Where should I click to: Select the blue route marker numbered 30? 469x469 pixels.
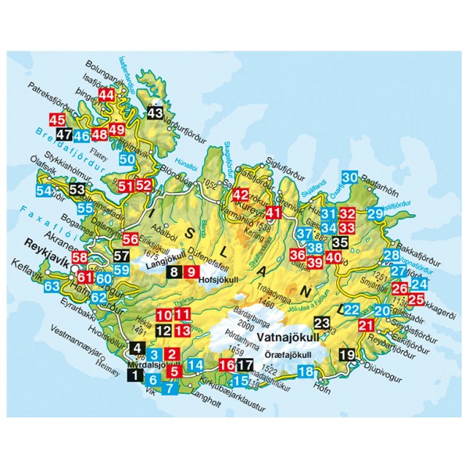[x=350, y=177]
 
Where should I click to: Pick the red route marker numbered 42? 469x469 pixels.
[x=241, y=195]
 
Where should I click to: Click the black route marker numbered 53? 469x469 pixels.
[x=77, y=190]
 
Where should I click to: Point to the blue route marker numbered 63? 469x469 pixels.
[x=52, y=287]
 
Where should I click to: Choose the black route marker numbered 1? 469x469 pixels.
[x=136, y=374]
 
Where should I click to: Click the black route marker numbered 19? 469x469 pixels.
[x=349, y=356]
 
